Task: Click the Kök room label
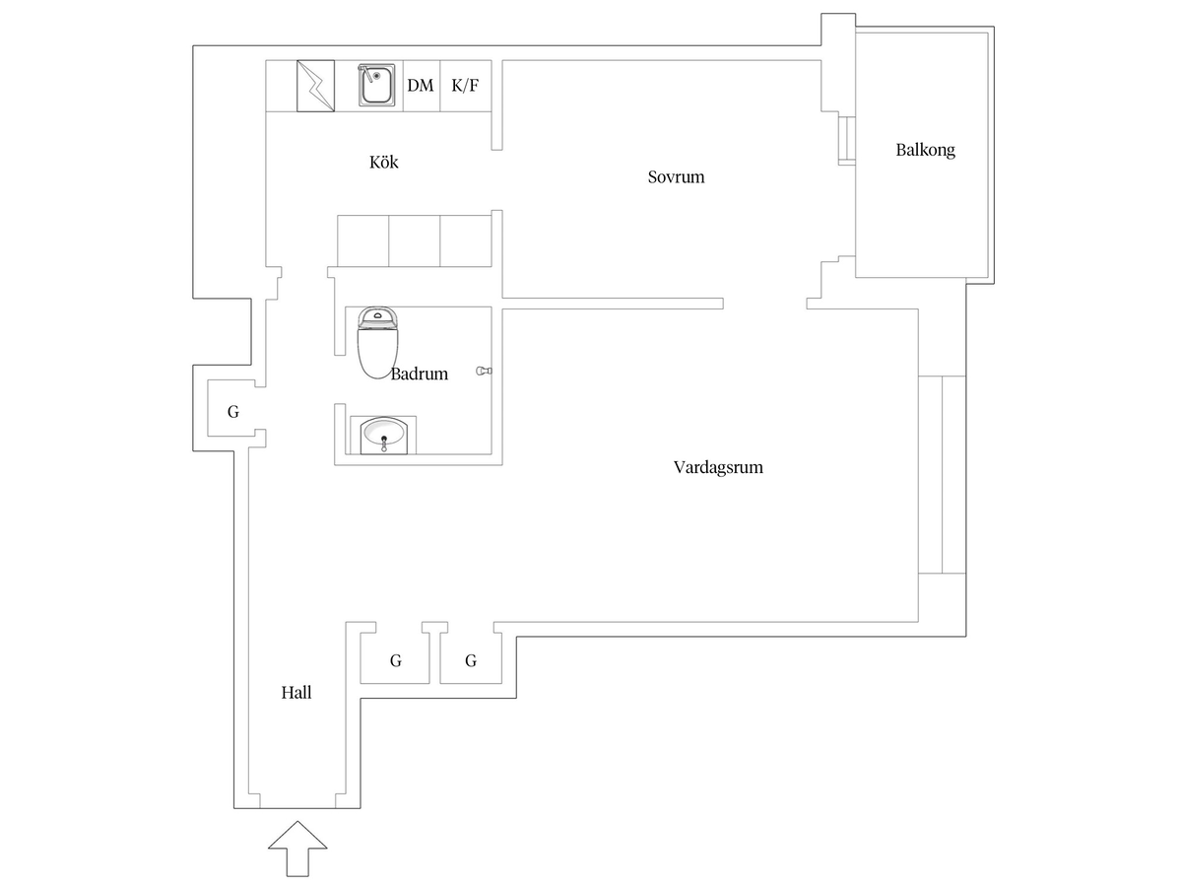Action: tap(383, 162)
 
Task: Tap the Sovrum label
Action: tap(676, 176)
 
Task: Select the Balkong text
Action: tap(925, 150)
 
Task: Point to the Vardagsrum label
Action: tap(718, 467)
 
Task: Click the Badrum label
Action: tap(419, 374)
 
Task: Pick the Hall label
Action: tap(296, 692)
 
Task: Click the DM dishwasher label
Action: tap(420, 86)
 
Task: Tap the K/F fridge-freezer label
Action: tap(465, 86)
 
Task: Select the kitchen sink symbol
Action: tap(377, 85)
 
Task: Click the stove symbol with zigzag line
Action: tap(315, 86)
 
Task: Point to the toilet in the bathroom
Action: tap(377, 342)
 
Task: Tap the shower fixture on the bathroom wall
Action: tap(484, 371)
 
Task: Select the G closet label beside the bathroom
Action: tap(233, 412)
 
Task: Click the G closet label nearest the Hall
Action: tap(396, 660)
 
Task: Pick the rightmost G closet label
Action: tap(471, 660)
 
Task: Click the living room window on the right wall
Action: tap(942, 474)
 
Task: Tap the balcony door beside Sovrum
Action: tap(846, 141)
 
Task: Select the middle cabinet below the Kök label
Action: tap(414, 240)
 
